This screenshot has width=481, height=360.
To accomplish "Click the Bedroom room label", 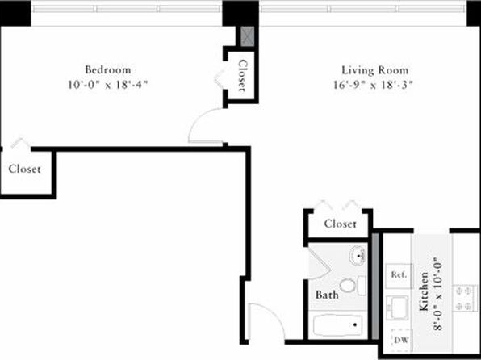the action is pos(107,70).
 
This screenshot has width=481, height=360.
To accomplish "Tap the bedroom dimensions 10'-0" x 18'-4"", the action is pos(107,85).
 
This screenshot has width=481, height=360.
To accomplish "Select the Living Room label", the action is pos(374,70).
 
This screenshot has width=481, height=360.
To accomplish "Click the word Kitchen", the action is pos(424,291).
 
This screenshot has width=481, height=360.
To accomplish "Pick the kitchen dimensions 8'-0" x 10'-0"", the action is pos(437,294).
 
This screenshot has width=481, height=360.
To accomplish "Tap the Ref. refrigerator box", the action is pos(399,275).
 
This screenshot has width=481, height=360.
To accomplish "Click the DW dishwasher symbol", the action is pos(401,340).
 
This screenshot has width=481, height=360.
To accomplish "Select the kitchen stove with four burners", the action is pos(464,298).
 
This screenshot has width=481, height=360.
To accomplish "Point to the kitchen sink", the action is pos(398,308).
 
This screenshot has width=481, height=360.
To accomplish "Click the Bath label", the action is pos(327,295).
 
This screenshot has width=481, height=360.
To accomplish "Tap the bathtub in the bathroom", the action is pos(337,324).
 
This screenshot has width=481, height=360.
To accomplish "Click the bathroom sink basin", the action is pos(357,255).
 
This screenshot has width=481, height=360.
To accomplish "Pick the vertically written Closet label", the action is pos(243,76).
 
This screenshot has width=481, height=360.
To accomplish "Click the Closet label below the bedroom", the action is pos(24,169).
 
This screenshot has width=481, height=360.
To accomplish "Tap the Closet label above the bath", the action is pos(341,224).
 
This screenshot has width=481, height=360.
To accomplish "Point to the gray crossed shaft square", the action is pos(247,36).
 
